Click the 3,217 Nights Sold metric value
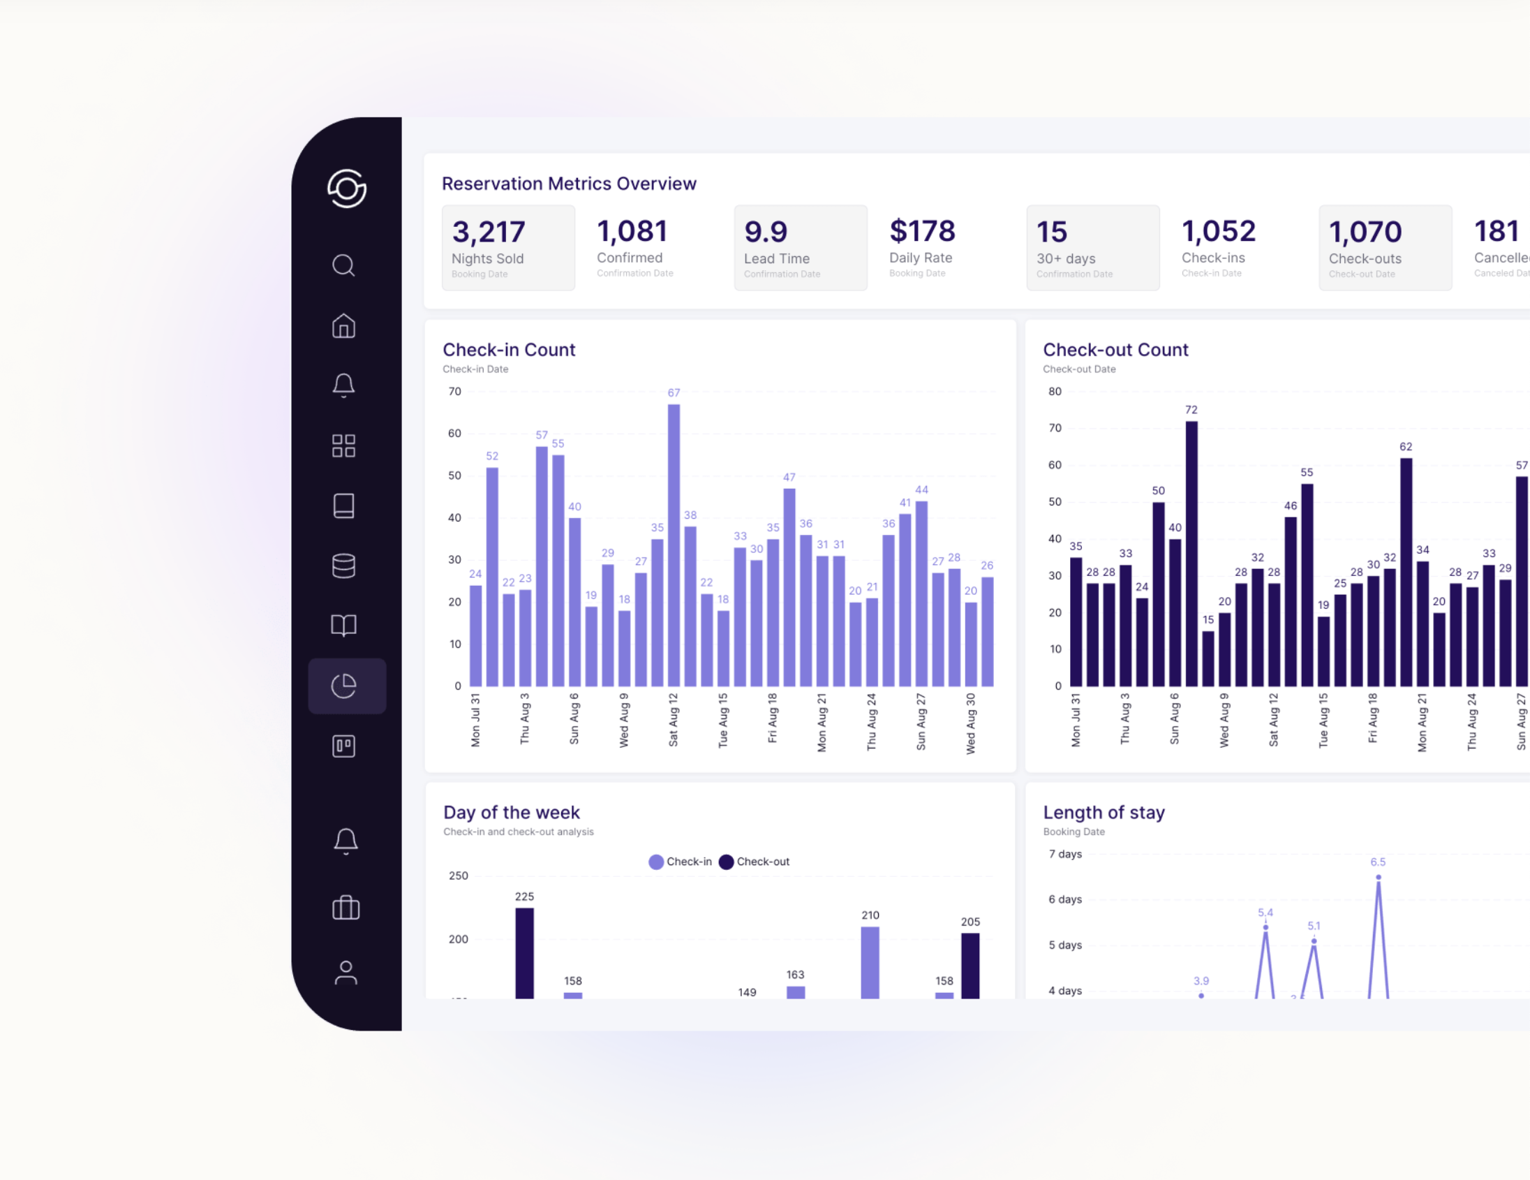[489, 232]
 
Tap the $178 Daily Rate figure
[922, 231]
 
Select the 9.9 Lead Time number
[766, 232]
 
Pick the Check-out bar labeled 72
[1191, 553]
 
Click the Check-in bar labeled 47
[789, 587]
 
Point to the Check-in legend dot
[655, 862]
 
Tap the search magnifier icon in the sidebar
[343, 265]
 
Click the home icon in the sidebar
[343, 326]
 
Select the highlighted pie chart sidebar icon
[344, 686]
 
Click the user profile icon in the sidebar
[346, 973]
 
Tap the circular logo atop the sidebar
[347, 189]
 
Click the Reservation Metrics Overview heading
[568, 184]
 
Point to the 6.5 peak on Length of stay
[1378, 877]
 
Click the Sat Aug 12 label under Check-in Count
[674, 720]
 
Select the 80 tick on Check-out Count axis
[1055, 392]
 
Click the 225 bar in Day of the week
[524, 952]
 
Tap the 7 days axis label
[1065, 854]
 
